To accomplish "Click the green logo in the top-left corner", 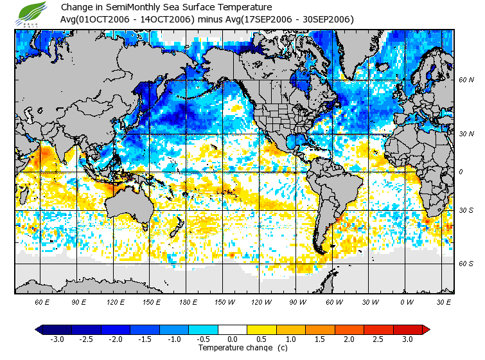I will pyautogui.click(x=33, y=13).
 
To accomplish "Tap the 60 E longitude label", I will pyautogui.click(x=42, y=301).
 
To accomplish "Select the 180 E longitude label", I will pyautogui.click(x=187, y=301).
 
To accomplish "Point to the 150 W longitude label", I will pyautogui.click(x=223, y=301).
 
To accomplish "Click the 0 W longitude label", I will pyautogui.click(x=407, y=301).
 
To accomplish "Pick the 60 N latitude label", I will pyautogui.click(x=466, y=80).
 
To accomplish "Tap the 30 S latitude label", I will pyautogui.click(x=466, y=211).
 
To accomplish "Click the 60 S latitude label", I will pyautogui.click(x=466, y=264).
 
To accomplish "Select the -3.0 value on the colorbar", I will pyautogui.click(x=57, y=339).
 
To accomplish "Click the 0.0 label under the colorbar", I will pyautogui.click(x=233, y=339).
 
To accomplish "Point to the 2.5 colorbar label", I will pyautogui.click(x=378, y=339).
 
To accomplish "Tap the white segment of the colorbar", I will pyautogui.click(x=233, y=330).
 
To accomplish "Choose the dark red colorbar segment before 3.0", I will pyautogui.click(x=407, y=330).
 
